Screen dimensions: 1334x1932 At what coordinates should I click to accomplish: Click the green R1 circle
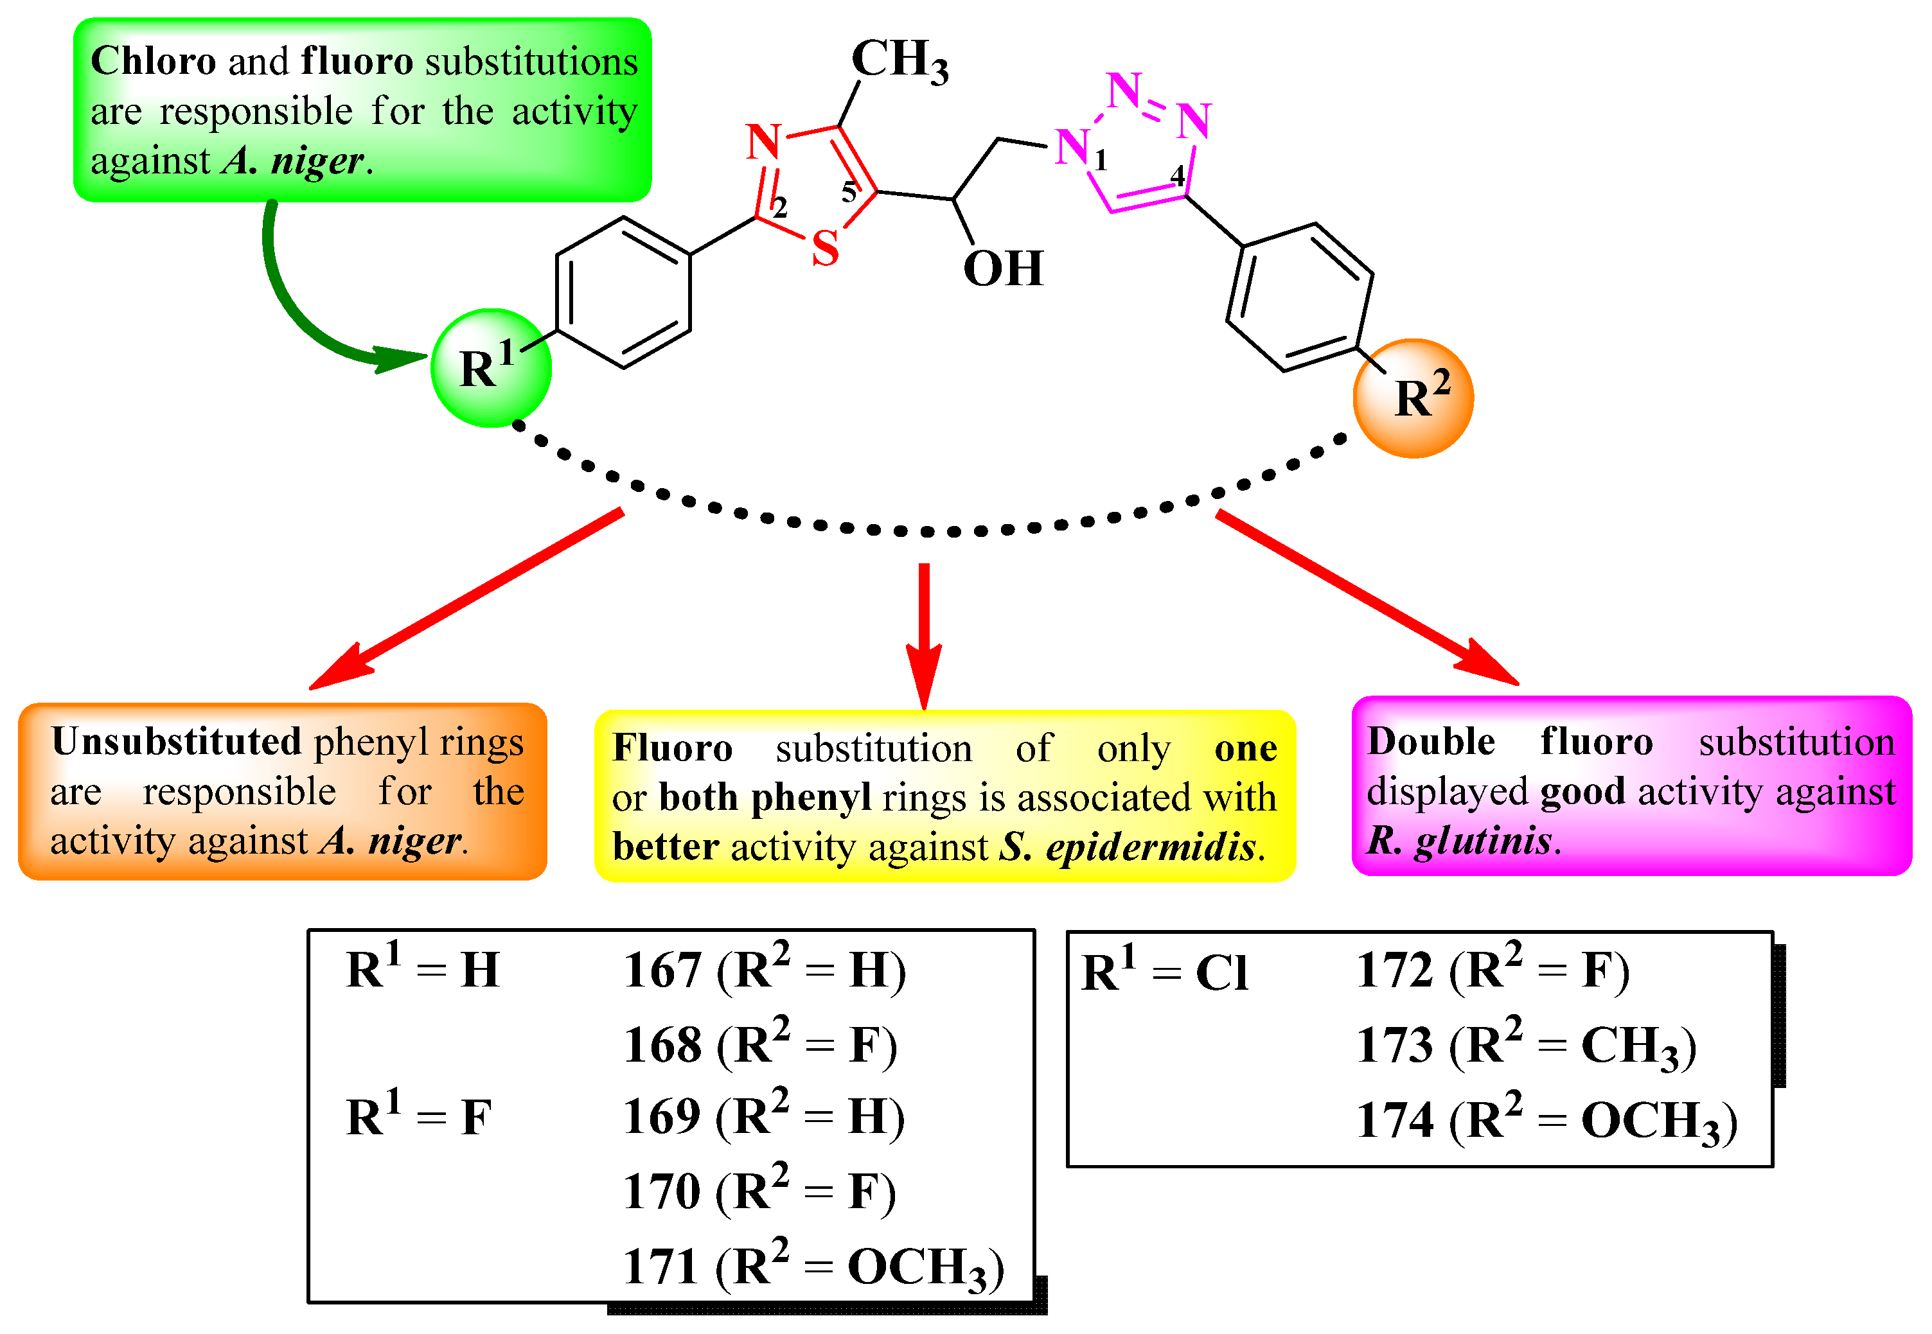pos(491,368)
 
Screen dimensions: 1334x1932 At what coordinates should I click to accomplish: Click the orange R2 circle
pos(1412,398)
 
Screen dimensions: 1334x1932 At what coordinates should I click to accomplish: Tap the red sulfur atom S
pos(824,249)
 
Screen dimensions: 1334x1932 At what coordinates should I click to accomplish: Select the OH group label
pos(1002,268)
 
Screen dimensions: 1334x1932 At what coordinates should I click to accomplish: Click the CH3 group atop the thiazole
pos(899,60)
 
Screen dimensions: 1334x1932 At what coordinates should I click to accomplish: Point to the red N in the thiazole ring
pos(763,142)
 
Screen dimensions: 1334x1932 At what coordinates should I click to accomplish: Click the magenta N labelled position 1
pos(1072,147)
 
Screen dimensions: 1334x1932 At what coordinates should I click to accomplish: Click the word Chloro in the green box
pos(153,61)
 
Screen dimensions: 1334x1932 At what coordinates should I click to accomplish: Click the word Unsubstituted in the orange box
pos(175,741)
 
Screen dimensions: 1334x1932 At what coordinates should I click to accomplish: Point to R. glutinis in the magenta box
pos(1459,840)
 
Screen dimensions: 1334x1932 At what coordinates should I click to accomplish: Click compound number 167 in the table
pos(662,971)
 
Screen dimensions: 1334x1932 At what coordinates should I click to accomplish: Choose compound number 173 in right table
pos(1394,1046)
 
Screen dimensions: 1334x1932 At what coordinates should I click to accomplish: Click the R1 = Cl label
pos(1165,973)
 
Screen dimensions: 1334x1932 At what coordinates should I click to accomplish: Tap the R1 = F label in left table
pos(418,1118)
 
